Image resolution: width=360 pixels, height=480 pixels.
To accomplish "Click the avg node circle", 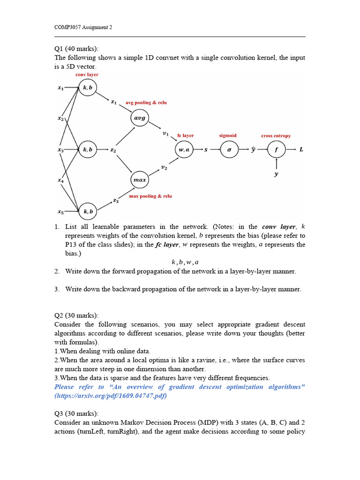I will pos(140,118).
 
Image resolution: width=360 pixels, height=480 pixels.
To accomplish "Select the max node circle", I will pos(140,180).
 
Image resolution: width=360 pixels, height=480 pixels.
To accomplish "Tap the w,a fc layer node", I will pos(184,150).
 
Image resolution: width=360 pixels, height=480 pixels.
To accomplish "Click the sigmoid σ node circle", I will pos(229,150).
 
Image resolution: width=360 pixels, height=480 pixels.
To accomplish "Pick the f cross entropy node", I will pos(277,150).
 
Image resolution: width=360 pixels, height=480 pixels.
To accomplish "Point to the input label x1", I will pos(60,88).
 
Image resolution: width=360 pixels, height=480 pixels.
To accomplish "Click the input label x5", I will pos(60,211).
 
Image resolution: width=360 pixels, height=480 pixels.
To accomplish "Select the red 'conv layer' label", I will pos(87,75).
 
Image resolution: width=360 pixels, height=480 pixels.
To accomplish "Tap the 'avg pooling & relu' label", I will pos(146,102).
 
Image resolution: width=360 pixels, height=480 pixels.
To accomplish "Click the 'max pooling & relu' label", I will pos(150,196).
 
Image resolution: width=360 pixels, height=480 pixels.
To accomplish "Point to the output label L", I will pos(301,150).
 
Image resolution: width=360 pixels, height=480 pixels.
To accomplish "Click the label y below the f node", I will pos(277,174).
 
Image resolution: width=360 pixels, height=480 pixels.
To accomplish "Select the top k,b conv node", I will pos(88,87).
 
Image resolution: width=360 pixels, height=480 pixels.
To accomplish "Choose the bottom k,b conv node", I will pos(88,211).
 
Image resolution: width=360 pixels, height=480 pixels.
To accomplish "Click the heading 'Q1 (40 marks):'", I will pos(77,48).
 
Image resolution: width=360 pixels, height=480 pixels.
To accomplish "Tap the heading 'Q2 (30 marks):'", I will pos(77,315).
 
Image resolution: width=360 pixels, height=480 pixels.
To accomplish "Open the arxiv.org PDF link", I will pos(111,396).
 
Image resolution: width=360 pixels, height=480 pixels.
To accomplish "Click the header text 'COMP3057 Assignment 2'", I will pos(83,27).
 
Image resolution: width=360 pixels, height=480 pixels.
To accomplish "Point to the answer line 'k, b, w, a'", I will pos(185,262).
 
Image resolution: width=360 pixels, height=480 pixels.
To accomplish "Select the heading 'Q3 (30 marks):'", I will pos(77,413).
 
